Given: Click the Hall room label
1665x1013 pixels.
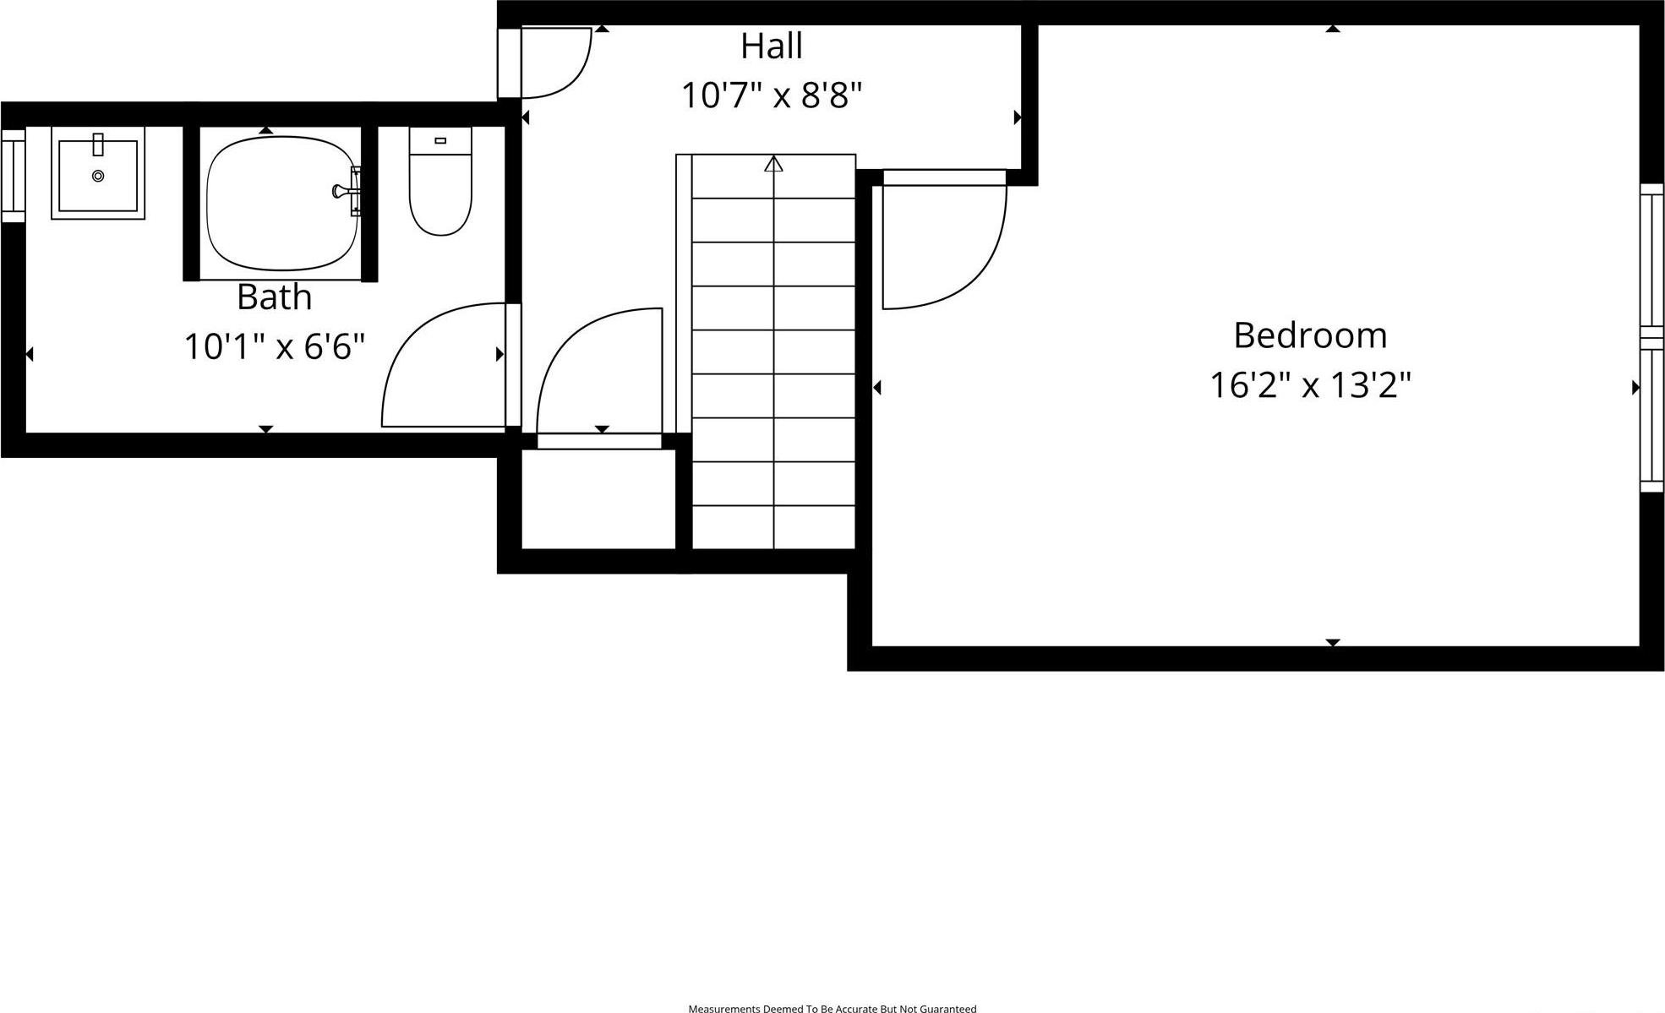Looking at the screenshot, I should [771, 46].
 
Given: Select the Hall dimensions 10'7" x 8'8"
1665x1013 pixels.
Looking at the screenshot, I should [771, 95].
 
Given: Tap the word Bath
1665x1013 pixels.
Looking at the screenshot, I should [274, 297].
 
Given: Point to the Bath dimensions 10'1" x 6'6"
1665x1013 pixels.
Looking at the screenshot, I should [274, 346].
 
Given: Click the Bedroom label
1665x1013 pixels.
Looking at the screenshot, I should [1310, 335].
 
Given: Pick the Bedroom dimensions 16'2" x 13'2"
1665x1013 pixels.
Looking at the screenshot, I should [1310, 385].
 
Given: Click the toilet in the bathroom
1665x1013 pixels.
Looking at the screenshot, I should [440, 194].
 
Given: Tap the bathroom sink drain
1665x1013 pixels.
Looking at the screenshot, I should [98, 176].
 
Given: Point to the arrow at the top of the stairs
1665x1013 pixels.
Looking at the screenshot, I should [773, 164].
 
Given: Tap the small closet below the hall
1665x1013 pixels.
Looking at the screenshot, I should [598, 498].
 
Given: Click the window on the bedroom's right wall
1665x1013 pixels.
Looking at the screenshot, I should [1651, 338].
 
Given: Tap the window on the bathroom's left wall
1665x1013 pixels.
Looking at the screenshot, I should [13, 176].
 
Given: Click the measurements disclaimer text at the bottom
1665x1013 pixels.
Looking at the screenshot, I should [832, 1008].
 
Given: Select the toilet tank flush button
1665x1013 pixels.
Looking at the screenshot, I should [440, 140].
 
